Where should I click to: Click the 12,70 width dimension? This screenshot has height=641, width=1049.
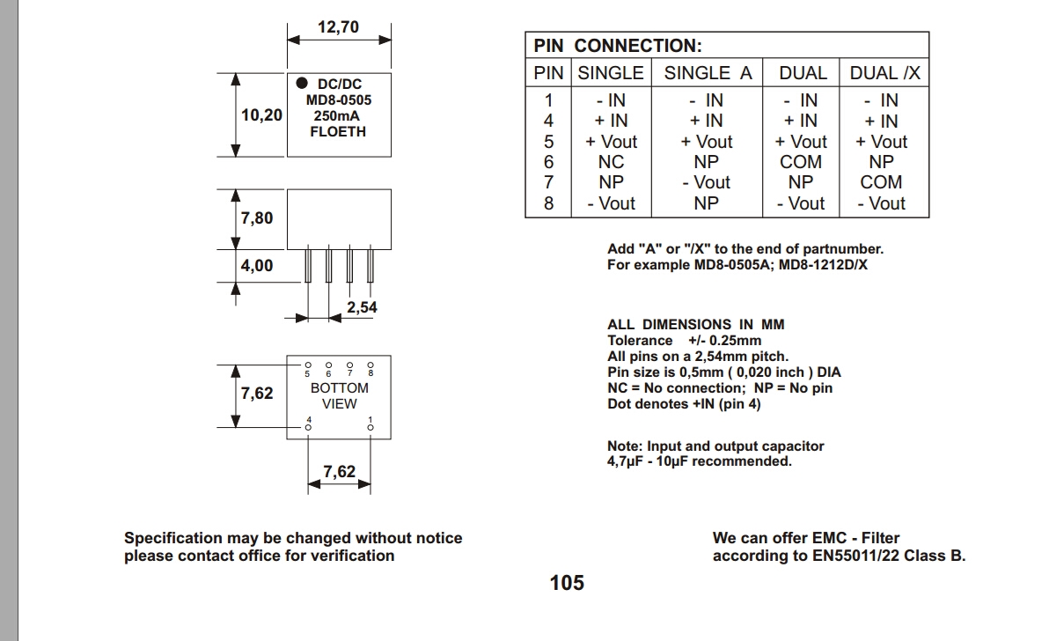(x=338, y=27)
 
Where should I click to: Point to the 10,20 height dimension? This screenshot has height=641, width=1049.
(x=261, y=114)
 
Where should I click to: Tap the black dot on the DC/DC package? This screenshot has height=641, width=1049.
(x=301, y=84)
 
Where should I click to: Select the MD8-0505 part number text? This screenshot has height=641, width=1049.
(x=339, y=100)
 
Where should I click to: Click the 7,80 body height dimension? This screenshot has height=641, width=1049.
(x=257, y=217)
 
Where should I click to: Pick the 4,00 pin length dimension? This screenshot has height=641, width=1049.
(x=257, y=265)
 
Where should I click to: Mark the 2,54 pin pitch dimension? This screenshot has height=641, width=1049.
(x=362, y=307)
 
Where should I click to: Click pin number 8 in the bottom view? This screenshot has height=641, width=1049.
(x=370, y=373)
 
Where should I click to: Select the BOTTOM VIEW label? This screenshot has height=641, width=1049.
(x=339, y=395)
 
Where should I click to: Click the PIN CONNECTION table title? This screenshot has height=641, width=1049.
(x=618, y=47)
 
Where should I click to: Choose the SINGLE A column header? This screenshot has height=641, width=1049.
(x=708, y=73)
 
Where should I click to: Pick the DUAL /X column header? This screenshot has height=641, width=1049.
(x=884, y=73)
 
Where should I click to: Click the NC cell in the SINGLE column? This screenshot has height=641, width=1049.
(x=611, y=162)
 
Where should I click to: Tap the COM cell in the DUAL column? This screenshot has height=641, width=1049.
(x=801, y=162)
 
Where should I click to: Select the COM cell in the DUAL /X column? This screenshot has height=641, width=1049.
(x=881, y=182)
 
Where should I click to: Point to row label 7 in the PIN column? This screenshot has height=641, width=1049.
(x=549, y=182)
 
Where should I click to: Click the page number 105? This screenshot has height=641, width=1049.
(x=567, y=582)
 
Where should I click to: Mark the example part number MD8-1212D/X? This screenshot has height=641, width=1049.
(x=825, y=265)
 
